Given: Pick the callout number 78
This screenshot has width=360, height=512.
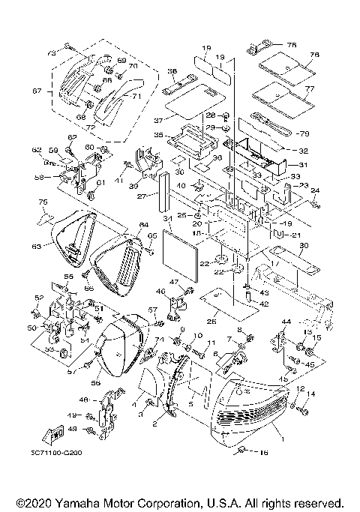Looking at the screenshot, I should [291, 44].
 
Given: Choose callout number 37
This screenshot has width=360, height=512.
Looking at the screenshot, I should [159, 119].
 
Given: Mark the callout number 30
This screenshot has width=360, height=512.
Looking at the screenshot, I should [303, 246].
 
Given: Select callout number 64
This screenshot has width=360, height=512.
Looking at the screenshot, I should [143, 224].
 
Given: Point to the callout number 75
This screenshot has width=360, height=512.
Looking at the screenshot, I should [43, 202].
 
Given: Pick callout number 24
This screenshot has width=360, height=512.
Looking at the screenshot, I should [315, 190].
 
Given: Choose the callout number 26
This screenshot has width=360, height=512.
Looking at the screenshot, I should [211, 321].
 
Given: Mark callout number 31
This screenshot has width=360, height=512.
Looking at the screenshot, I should [303, 166].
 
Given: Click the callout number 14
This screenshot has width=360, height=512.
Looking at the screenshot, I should [310, 394].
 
